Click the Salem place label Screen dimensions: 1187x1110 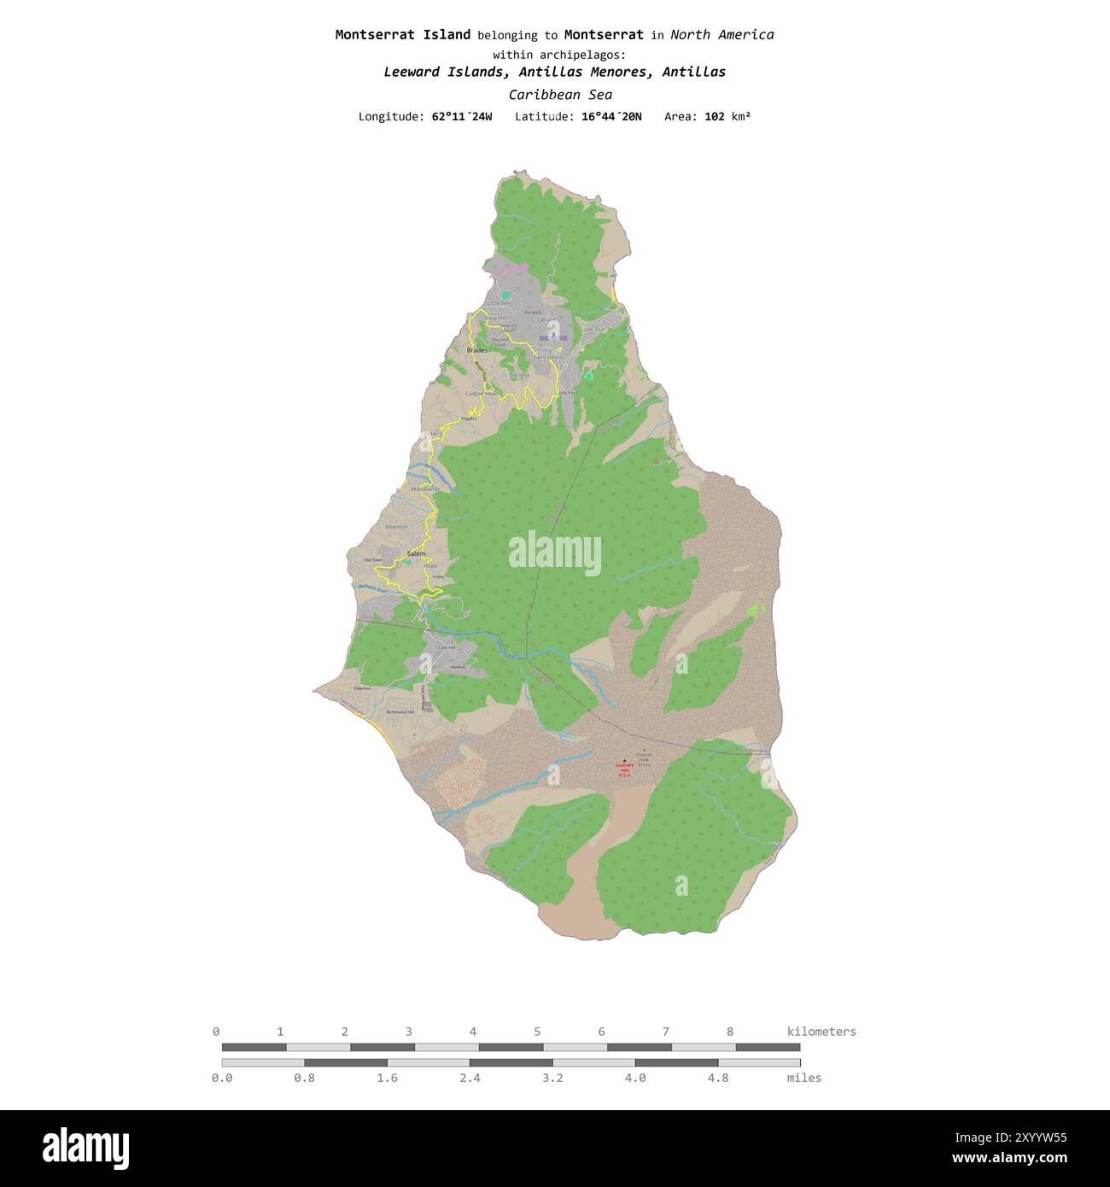(x=416, y=554)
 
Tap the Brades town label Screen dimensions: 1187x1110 (x=476, y=350)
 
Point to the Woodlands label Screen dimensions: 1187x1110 (x=425, y=489)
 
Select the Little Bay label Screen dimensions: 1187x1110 (x=498, y=303)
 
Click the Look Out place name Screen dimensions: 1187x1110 (x=593, y=330)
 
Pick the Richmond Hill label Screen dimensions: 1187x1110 (x=400, y=711)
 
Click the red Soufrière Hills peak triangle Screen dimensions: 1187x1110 (x=624, y=760)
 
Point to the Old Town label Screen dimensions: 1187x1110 (x=373, y=560)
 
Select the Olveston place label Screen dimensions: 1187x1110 (x=397, y=527)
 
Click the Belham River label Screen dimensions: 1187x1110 (x=374, y=588)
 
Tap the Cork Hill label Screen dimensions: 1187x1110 (x=447, y=647)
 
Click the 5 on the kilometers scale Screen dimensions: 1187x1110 (x=537, y=1032)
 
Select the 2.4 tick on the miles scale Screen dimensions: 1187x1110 (x=470, y=1078)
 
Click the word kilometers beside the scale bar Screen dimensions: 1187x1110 (x=821, y=1032)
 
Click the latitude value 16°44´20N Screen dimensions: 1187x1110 (x=611, y=116)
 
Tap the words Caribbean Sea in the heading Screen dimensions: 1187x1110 (x=560, y=95)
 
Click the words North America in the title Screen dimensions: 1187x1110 (x=721, y=35)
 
